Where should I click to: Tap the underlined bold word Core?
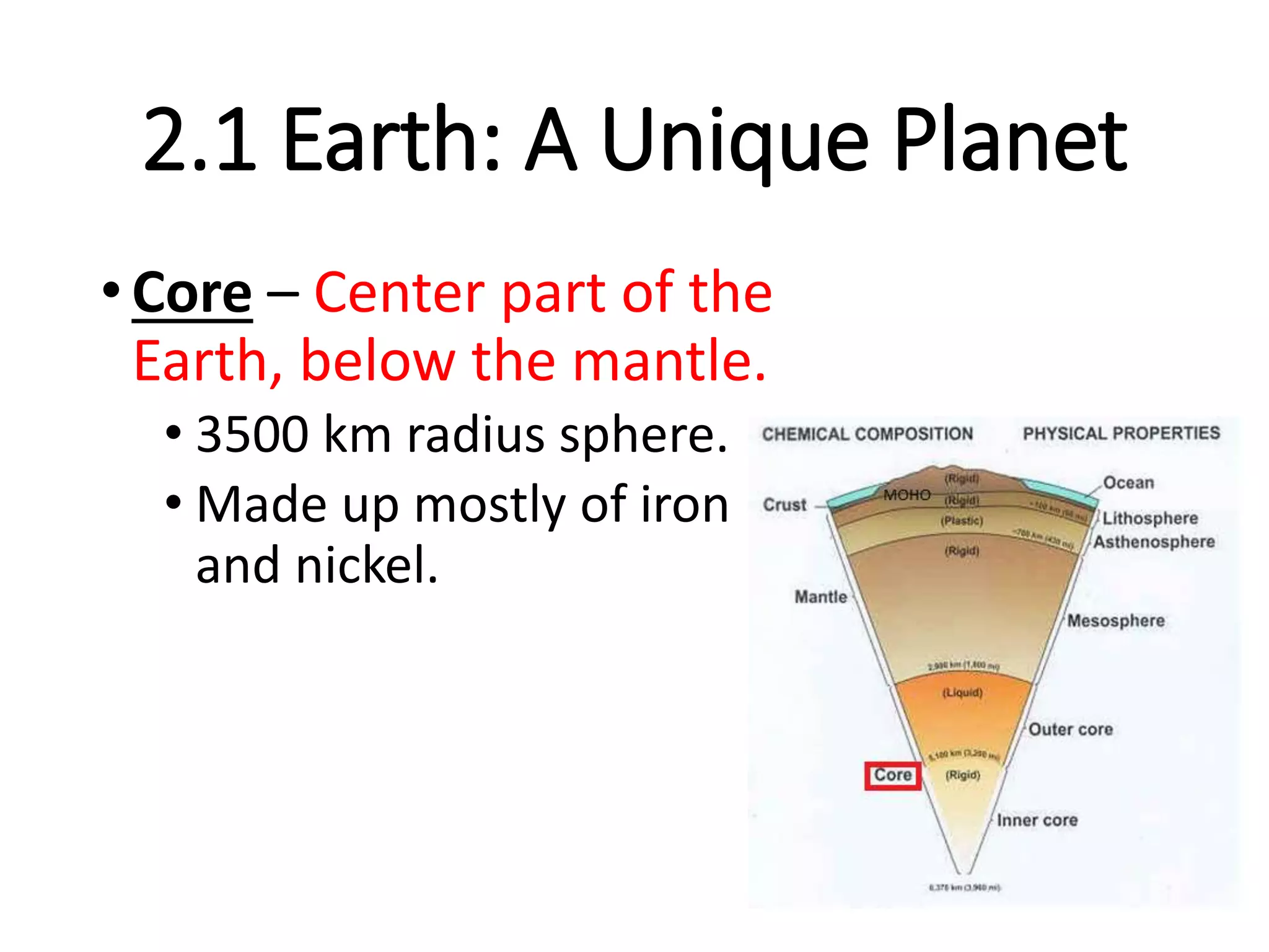coord(192,293)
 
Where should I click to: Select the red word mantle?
coord(669,361)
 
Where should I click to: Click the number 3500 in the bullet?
coord(252,434)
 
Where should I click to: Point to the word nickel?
coord(367,565)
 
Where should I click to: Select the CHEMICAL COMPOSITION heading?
coord(867,434)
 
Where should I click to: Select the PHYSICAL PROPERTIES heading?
coord(1121,433)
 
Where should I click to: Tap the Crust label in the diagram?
coord(784,505)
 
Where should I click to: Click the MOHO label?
coord(907,495)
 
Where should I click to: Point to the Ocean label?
coord(1128,483)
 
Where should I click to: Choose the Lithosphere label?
coord(1149,518)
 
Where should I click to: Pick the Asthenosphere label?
coord(1153,542)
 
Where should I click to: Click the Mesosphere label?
coord(1115,620)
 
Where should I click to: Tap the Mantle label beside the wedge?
coord(820,597)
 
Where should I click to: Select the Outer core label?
coord(1070,729)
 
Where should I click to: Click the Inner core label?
coord(1037,820)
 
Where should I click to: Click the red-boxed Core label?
coord(892,775)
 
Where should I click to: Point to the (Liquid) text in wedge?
coord(962,692)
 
